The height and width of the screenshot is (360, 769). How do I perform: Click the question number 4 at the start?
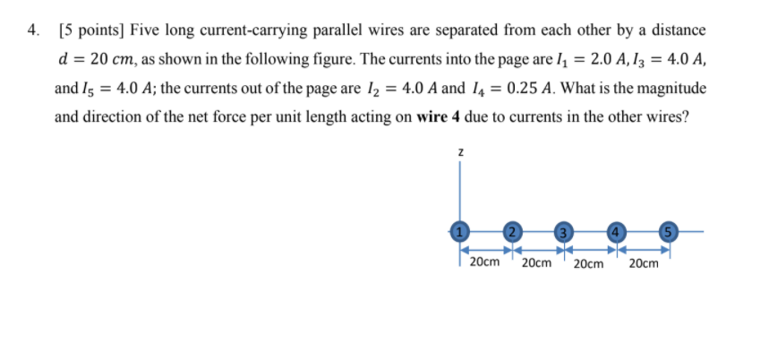click(x=32, y=30)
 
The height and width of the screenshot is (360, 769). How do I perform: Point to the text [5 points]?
click(x=90, y=30)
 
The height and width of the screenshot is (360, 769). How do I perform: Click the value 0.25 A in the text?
click(x=526, y=88)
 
